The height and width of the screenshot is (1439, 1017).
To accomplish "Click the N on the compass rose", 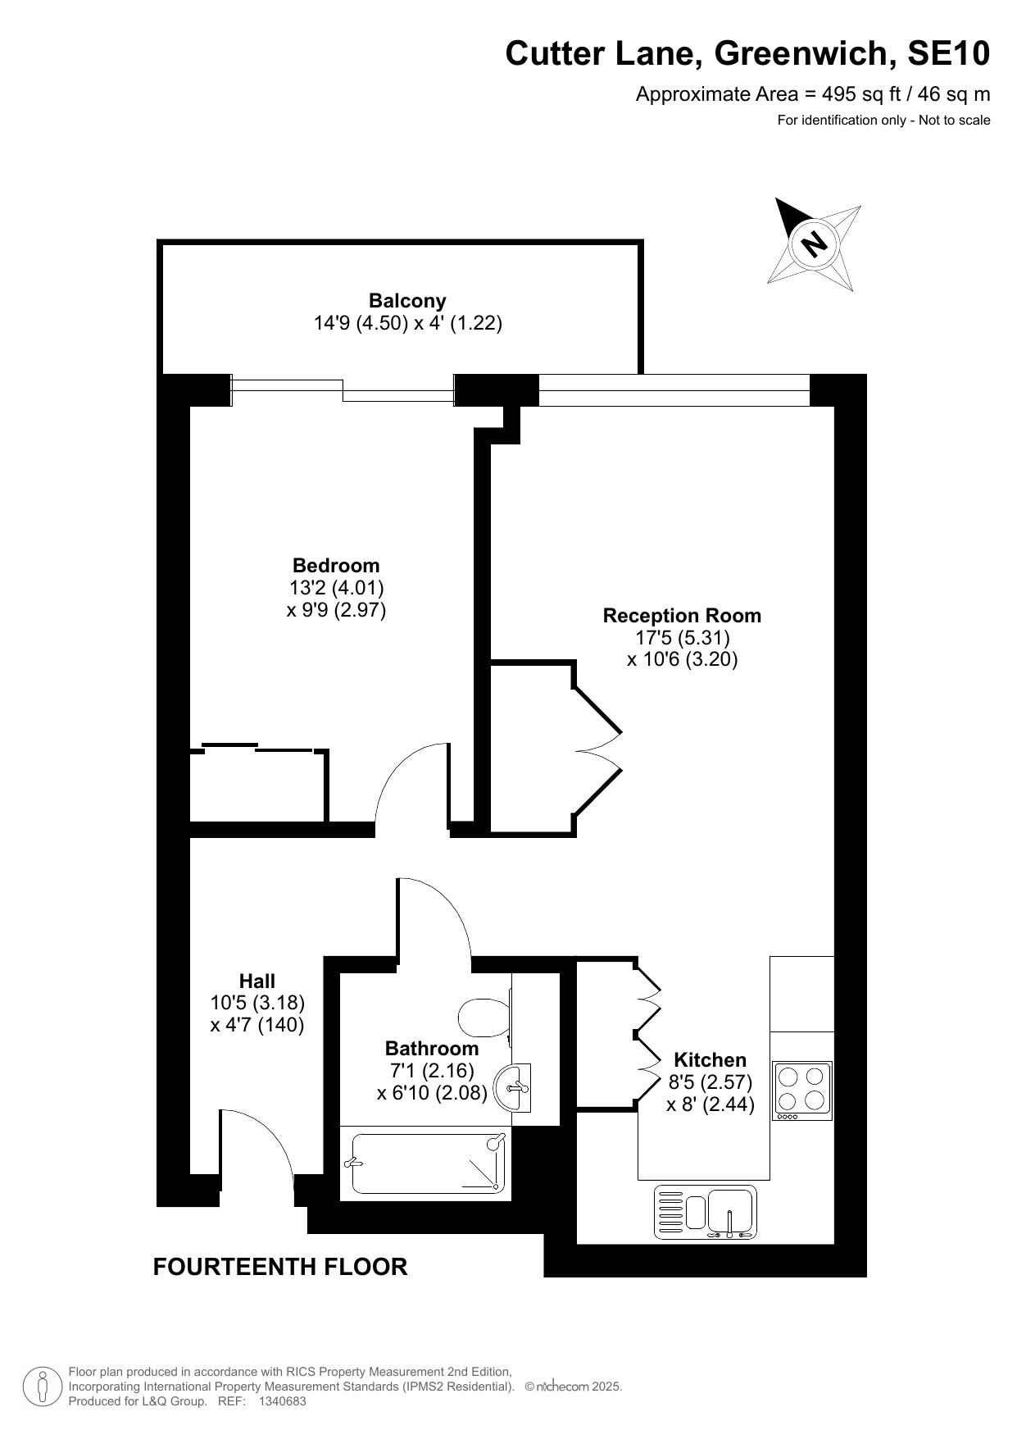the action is pos(814,243).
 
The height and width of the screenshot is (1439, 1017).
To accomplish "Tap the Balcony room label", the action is pos(407,300).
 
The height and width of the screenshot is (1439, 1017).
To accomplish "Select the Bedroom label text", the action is pos(336,565).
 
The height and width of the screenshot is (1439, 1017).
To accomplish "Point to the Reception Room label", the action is pos(682,615).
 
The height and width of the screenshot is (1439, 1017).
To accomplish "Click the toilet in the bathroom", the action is pos(485,1018).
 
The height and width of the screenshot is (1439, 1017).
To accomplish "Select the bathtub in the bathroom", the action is pos(427,1163).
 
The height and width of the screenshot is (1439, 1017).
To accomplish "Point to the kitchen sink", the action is pos(705,1212).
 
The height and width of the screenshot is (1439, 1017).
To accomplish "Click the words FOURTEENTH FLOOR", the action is pos(280,1267).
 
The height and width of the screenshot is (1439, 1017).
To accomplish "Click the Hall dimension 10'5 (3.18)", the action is pos(257,1002).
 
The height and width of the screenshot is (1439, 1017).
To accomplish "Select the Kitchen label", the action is pos(710,1059).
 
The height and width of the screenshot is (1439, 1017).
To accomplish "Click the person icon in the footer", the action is pos(43,1387).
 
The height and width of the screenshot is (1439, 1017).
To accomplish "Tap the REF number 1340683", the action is pos(282,1401).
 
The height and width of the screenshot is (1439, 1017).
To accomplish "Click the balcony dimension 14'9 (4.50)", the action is pos(361,323).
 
